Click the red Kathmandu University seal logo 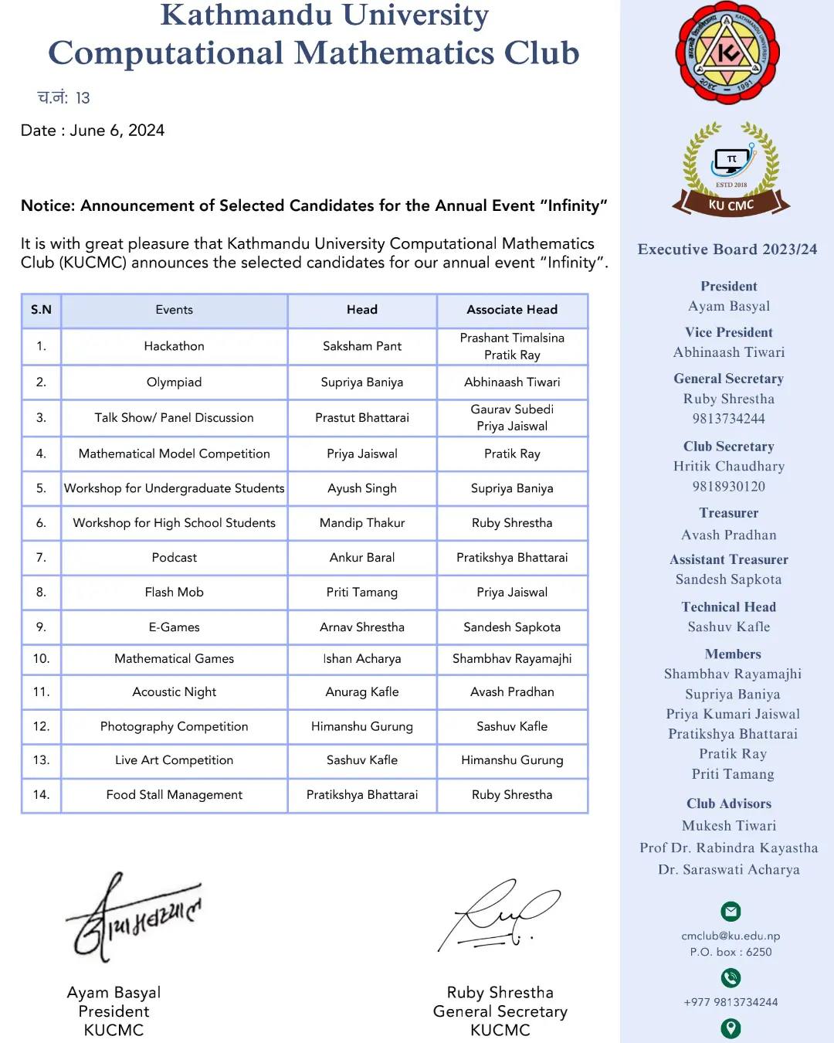pos(727,53)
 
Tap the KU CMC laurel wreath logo pos(731,168)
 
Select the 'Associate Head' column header pos(512,310)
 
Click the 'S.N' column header pos(41,310)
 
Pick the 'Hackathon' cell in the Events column pos(174,346)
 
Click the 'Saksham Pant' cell pos(361,346)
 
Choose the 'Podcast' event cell pos(174,557)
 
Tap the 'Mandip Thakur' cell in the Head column pos(361,523)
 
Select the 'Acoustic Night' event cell pos(174,692)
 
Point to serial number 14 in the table pos(41,794)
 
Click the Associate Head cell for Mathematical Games pos(512,658)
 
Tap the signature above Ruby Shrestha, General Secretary pos(498,916)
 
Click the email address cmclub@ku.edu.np pos(731,936)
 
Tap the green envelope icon pos(731,912)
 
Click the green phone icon pos(731,978)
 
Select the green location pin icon pos(731,1028)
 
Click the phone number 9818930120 pos(728,486)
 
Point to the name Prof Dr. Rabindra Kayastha pos(728,848)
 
